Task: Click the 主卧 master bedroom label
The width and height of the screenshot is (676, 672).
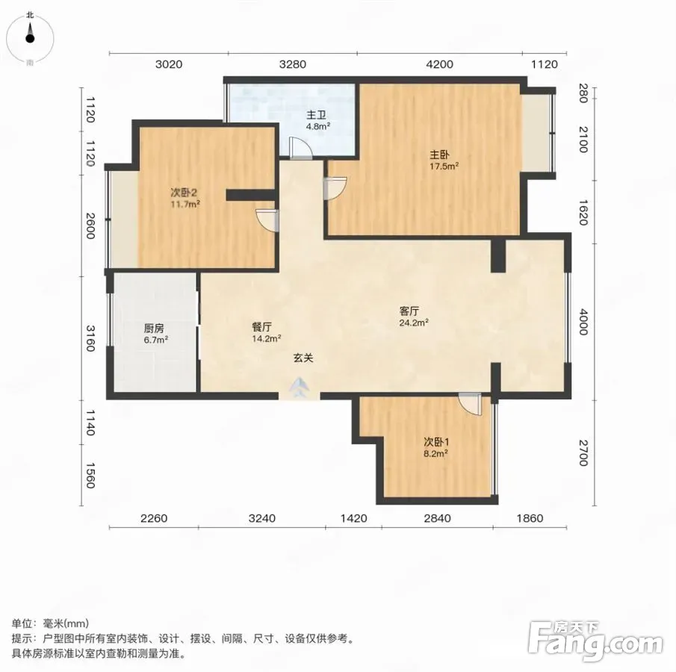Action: pyautogui.click(x=439, y=155)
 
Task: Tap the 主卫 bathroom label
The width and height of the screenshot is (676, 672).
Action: pyautogui.click(x=316, y=115)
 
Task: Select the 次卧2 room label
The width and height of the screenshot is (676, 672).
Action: pyautogui.click(x=184, y=192)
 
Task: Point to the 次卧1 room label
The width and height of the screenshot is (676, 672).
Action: pyautogui.click(x=436, y=442)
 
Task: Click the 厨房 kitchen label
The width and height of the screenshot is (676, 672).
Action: pyautogui.click(x=153, y=329)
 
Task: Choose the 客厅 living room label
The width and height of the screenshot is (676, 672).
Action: pyautogui.click(x=409, y=311)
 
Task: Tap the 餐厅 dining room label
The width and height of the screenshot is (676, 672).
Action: pyautogui.click(x=261, y=327)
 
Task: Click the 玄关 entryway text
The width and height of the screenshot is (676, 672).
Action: pyautogui.click(x=303, y=358)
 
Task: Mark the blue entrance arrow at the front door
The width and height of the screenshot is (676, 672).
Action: pyautogui.click(x=300, y=388)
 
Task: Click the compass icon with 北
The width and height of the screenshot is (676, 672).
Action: pyautogui.click(x=30, y=38)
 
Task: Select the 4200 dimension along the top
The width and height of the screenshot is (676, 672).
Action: pyautogui.click(x=439, y=64)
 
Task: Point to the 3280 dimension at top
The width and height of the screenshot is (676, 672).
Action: pyautogui.click(x=292, y=64)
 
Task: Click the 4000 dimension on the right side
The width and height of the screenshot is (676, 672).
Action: pyautogui.click(x=583, y=322)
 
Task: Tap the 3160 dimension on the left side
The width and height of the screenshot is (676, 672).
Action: pyautogui.click(x=90, y=338)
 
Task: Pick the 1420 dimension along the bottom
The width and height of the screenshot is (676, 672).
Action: pyautogui.click(x=353, y=518)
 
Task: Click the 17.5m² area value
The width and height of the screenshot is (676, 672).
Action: pyautogui.click(x=444, y=166)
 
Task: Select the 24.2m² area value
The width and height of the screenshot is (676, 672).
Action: pyautogui.click(x=414, y=323)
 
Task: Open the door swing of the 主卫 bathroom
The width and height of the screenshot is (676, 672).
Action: pyautogui.click(x=300, y=149)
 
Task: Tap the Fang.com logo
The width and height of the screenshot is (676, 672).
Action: pyautogui.click(x=595, y=641)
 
